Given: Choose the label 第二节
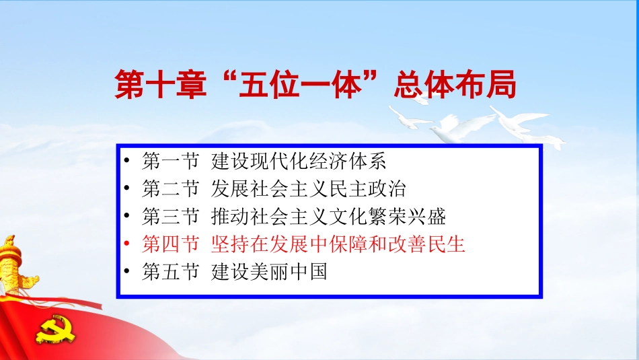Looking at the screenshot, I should click(171, 188).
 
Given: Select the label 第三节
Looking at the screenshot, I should click(171, 216).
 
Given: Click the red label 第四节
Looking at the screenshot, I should click(171, 244).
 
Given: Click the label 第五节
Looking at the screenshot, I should click(171, 272).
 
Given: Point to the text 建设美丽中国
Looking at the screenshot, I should click(269, 272).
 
